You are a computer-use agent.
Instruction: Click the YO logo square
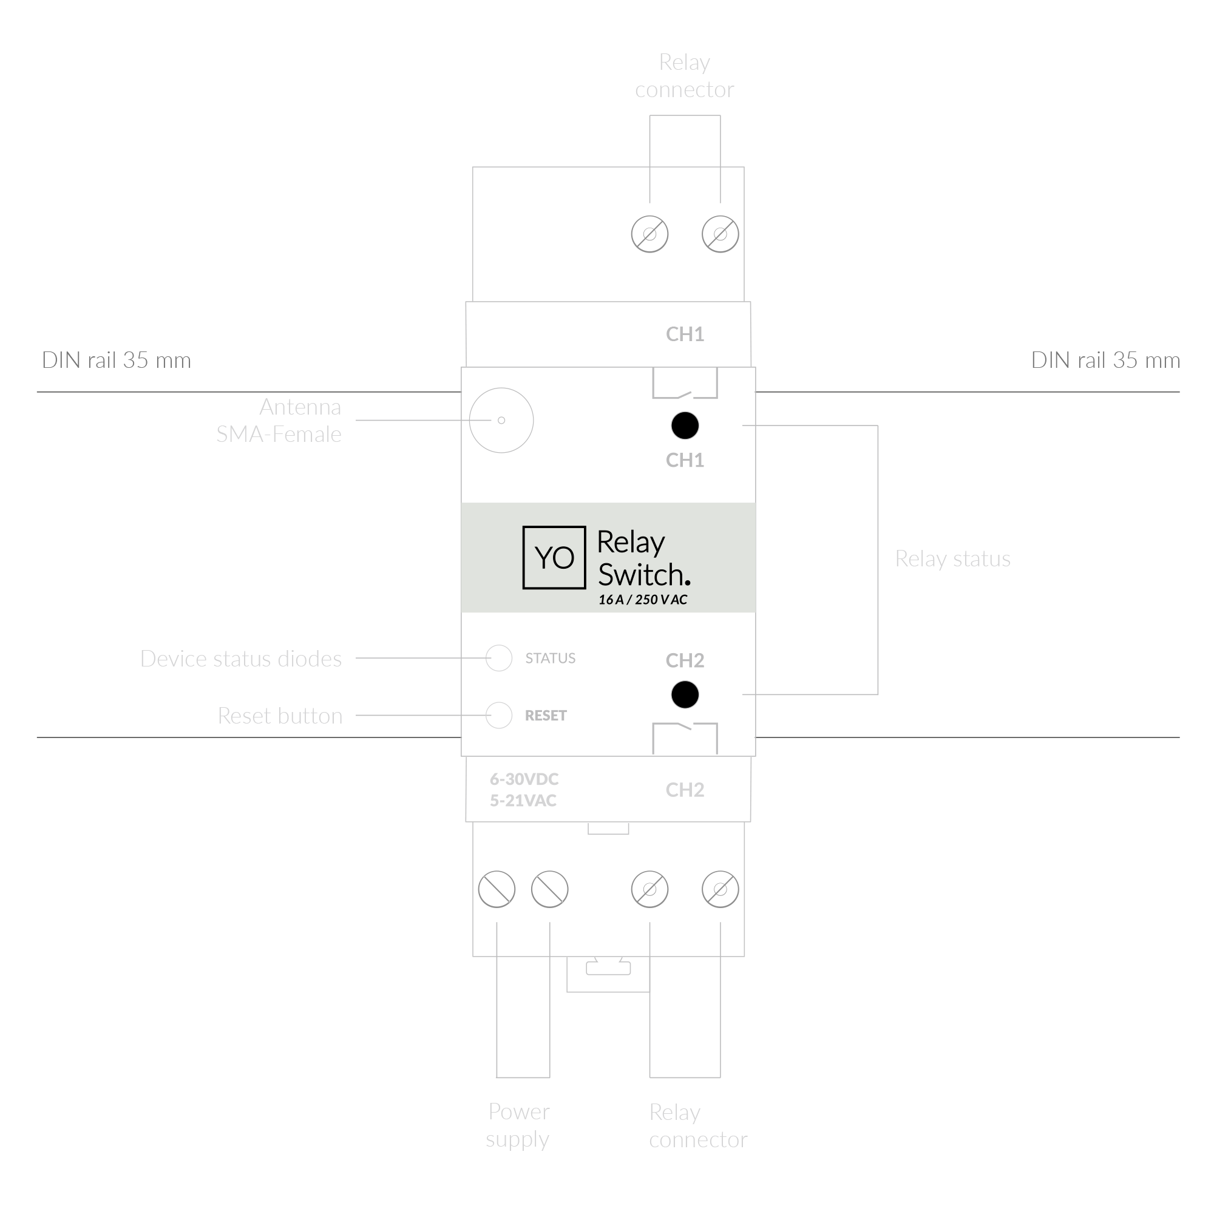pyautogui.click(x=554, y=557)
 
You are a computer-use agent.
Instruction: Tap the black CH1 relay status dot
pyautogui.click(x=684, y=426)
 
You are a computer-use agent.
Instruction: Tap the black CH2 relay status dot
pyautogui.click(x=684, y=694)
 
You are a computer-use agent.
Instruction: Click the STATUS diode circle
pyautogui.click(x=499, y=658)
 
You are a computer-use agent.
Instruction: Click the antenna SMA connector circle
pyautogui.click(x=501, y=420)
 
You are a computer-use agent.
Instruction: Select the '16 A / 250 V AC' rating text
pyautogui.click(x=642, y=600)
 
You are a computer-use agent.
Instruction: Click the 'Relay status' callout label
pyautogui.click(x=952, y=558)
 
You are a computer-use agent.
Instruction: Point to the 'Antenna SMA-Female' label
pyautogui.click(x=280, y=421)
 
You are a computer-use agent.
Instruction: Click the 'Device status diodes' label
pyautogui.click(x=240, y=659)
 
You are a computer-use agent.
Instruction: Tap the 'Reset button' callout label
pyautogui.click(x=280, y=716)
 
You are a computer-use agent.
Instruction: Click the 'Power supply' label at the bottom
pyautogui.click(x=518, y=1125)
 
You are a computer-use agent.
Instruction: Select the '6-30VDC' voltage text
pyautogui.click(x=524, y=779)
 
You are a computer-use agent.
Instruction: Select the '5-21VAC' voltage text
pyautogui.click(x=523, y=801)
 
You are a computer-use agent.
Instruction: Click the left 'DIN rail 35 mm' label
pyautogui.click(x=117, y=360)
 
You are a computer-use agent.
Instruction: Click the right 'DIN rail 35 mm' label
pyautogui.click(x=1105, y=360)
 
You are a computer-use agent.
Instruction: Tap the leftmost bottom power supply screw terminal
pyautogui.click(x=497, y=889)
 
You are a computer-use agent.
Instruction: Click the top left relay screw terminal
pyautogui.click(x=649, y=234)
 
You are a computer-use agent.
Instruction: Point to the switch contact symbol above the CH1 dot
pyautogui.click(x=684, y=385)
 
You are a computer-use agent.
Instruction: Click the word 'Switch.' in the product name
pyautogui.click(x=643, y=574)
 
